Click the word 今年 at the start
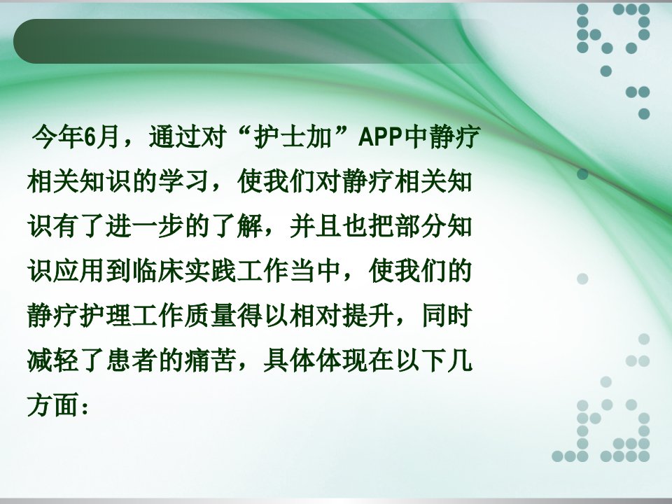coord(58,136)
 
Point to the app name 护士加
coord(293,136)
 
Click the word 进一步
coord(145,226)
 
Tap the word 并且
coord(316,226)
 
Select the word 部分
coord(421,226)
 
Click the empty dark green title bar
coord(253,41)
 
